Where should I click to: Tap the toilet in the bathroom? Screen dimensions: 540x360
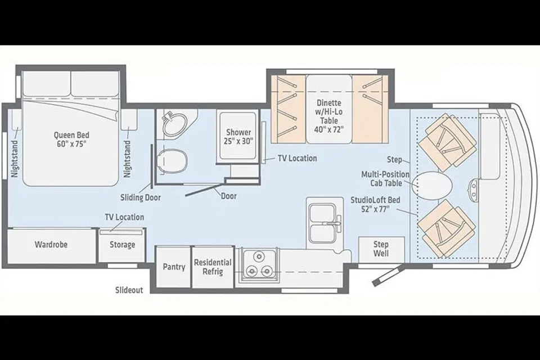click(x=171, y=161)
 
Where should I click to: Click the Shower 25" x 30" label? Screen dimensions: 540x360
click(x=238, y=137)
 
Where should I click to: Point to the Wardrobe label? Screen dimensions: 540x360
click(x=51, y=245)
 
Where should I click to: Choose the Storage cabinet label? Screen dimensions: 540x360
click(x=122, y=245)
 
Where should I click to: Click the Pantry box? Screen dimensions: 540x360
click(x=174, y=267)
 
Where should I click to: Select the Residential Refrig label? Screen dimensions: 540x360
click(x=213, y=267)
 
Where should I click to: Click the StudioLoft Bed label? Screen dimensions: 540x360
click(x=375, y=204)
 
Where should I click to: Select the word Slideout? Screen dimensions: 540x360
click(x=129, y=290)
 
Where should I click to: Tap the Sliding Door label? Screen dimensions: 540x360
click(x=141, y=198)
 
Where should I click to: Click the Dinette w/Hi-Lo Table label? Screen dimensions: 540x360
click(x=329, y=116)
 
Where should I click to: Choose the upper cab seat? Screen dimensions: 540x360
click(x=447, y=143)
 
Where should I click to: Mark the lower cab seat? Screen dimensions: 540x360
click(x=447, y=228)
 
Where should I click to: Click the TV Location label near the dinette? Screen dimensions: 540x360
click(x=297, y=159)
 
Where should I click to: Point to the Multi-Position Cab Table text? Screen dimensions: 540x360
click(x=385, y=179)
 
